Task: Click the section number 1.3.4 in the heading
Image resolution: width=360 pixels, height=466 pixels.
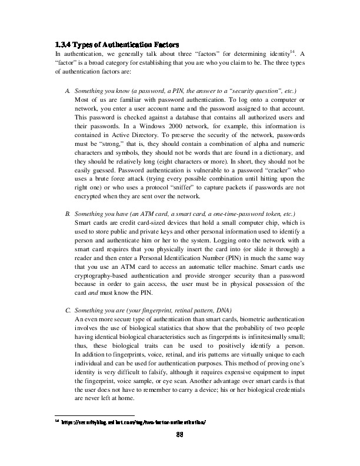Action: [x=62, y=45]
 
